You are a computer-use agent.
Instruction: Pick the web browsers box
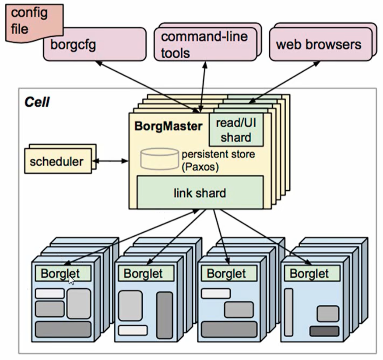(x=319, y=44)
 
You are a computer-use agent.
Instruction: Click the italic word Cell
(x=37, y=102)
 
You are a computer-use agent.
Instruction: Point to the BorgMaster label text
(x=169, y=126)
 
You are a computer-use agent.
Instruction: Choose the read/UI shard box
(x=236, y=130)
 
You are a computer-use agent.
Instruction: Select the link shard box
(x=200, y=192)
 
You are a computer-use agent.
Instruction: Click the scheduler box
(x=56, y=161)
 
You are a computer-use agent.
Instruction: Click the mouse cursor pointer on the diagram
(x=72, y=279)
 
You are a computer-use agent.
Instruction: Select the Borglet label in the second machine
(x=143, y=274)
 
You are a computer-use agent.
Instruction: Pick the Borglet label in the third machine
(x=226, y=274)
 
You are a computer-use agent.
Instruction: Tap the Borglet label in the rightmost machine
(x=309, y=274)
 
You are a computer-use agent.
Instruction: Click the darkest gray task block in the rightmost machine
(x=324, y=331)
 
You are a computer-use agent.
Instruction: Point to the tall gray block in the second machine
(x=164, y=315)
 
